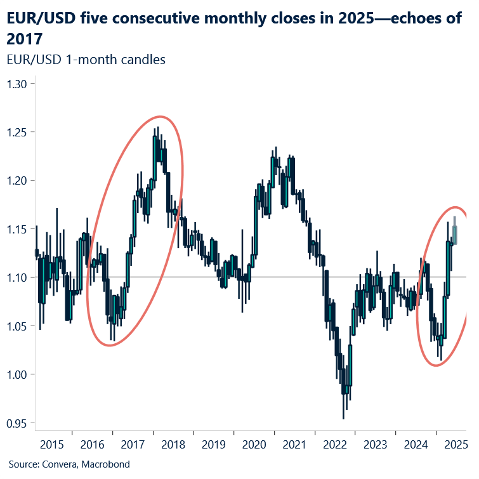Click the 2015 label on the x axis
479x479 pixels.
(x=53, y=445)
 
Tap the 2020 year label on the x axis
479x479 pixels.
(x=254, y=445)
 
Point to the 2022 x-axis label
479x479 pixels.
(x=335, y=445)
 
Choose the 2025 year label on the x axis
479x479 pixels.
(x=456, y=445)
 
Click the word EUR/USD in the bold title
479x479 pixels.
(x=37, y=18)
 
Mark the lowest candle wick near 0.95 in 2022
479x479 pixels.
(x=344, y=417)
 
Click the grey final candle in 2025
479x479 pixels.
(x=455, y=233)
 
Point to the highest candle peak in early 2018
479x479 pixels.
(x=157, y=127)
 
